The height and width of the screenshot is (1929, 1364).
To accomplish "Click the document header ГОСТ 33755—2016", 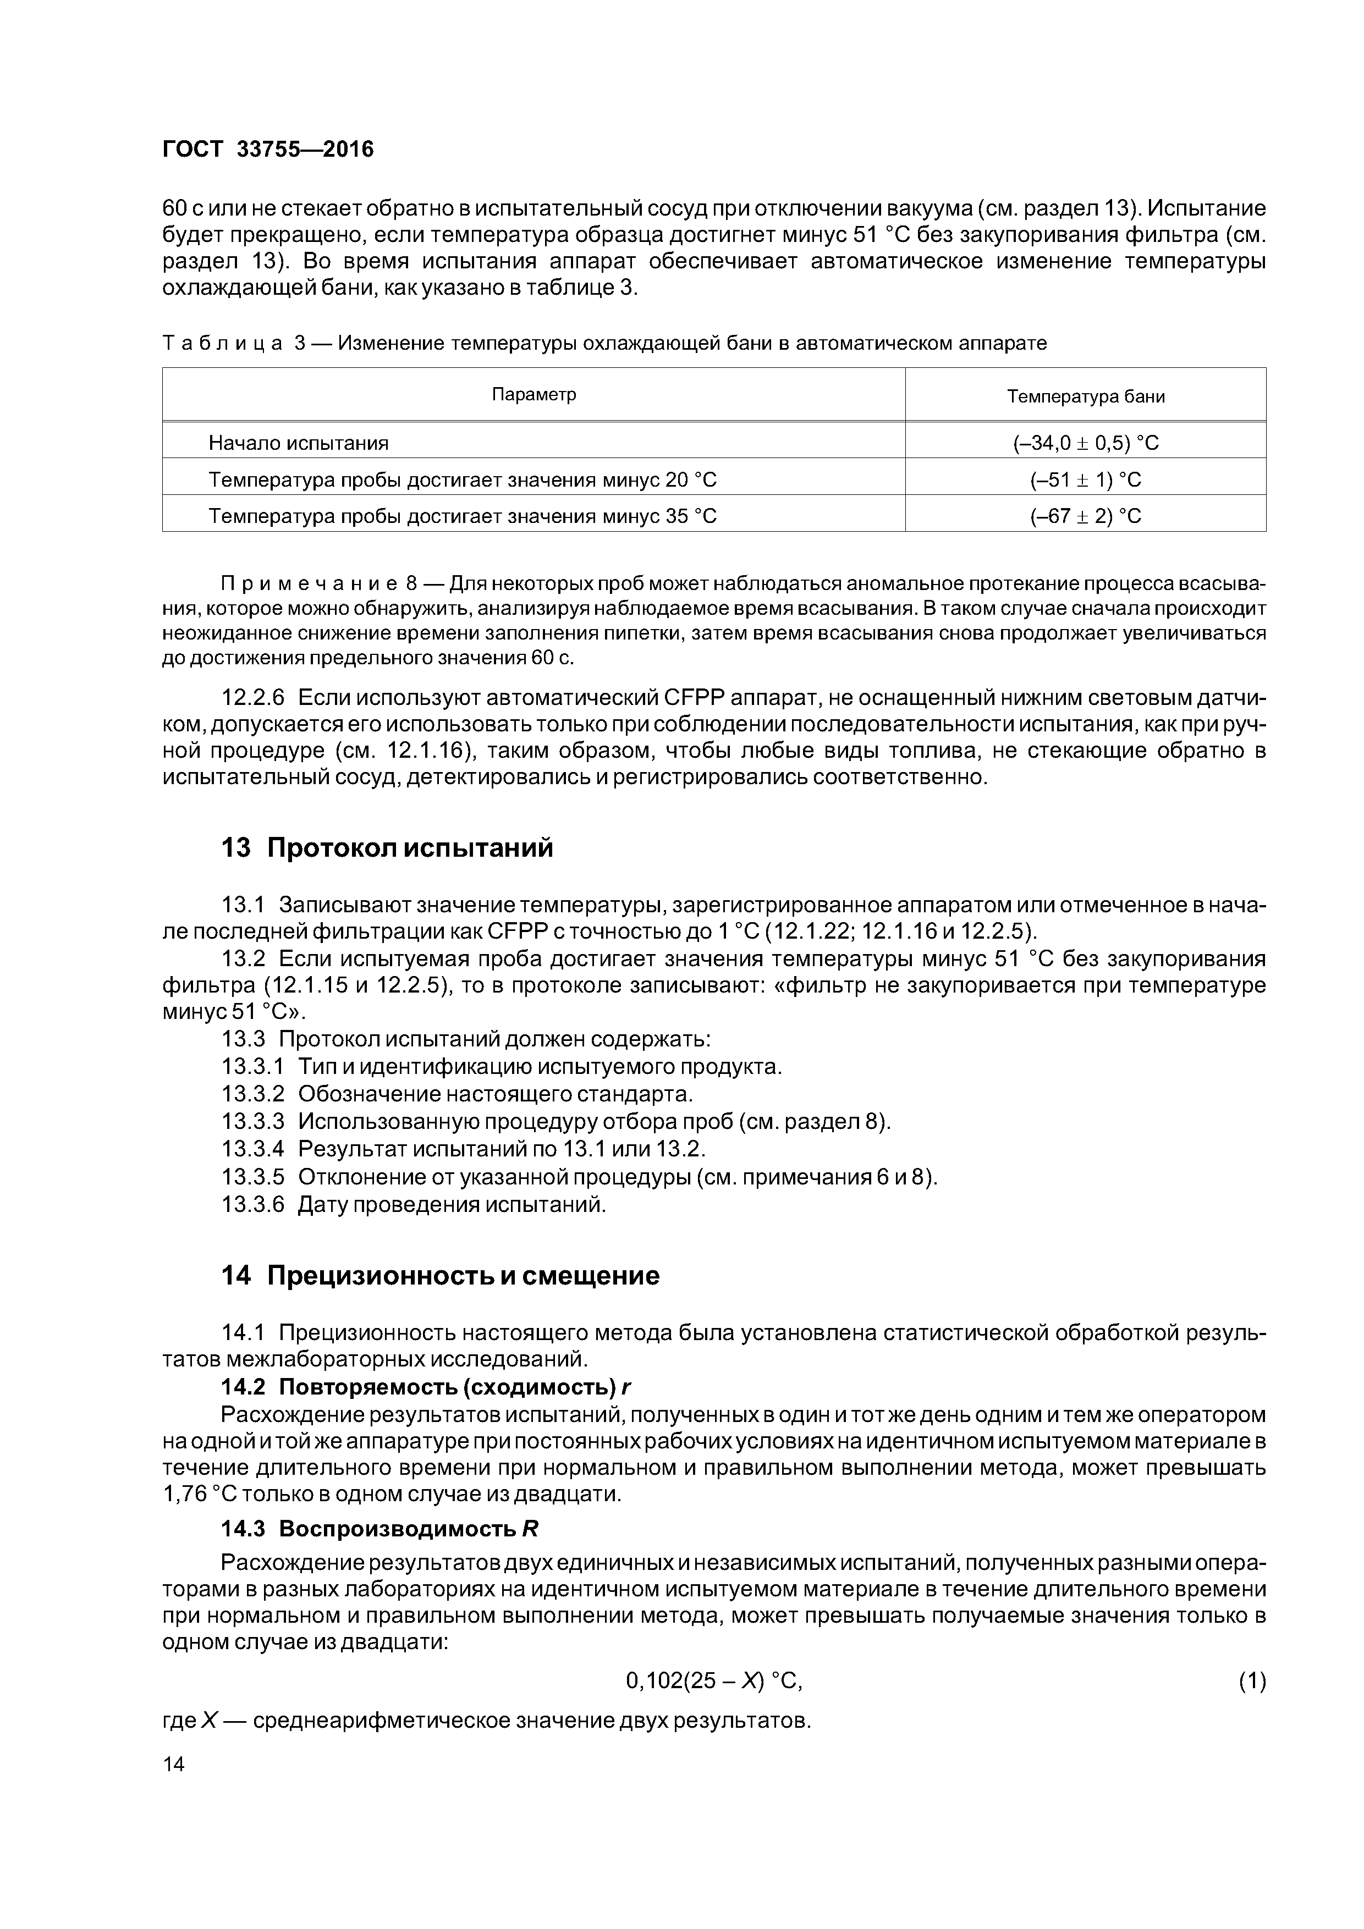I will point(267,150).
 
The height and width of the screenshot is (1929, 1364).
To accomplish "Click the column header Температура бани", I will point(1085,396).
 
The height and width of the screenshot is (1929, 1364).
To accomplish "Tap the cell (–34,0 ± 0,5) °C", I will point(1085,443).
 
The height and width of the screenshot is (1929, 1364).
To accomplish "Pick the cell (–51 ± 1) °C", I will point(1085,480).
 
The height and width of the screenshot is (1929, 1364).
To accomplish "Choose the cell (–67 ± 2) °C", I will point(1085,516).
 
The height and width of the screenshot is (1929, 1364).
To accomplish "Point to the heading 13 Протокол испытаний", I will point(387,848).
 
